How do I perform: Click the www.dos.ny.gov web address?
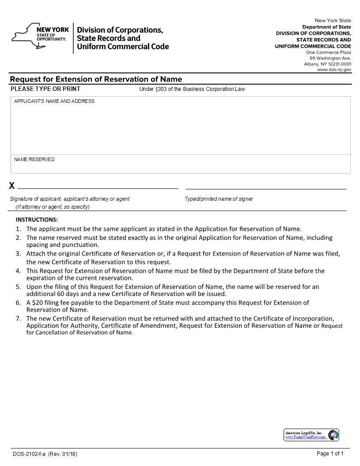(334, 70)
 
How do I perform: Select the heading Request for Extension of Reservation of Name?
(96, 79)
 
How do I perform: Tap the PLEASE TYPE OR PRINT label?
(45, 89)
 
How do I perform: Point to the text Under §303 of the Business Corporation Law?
(192, 89)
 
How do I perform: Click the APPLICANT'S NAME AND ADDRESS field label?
(54, 101)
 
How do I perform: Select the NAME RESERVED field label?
(34, 159)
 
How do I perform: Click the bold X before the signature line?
(12, 186)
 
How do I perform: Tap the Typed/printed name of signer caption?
(219, 199)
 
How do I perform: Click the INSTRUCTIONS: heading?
(37, 219)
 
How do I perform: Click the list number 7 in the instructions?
(18, 318)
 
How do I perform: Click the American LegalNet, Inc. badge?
(311, 435)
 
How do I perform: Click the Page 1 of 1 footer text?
(330, 453)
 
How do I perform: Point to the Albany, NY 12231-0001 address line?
(327, 64)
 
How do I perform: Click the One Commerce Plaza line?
(329, 53)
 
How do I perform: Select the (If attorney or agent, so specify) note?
(52, 207)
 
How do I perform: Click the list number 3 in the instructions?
(18, 254)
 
